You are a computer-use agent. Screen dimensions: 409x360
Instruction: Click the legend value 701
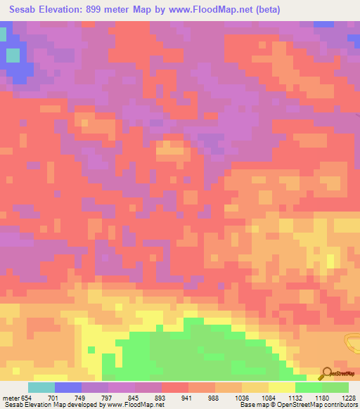pyautogui.click(x=54, y=397)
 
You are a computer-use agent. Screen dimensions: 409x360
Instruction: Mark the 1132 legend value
pyautogui.click(x=295, y=397)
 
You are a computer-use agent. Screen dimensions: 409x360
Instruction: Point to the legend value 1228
pyautogui.click(x=349, y=397)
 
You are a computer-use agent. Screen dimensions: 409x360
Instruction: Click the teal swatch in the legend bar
pyautogui.click(x=41, y=387)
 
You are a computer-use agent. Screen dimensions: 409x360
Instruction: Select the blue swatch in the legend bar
pyautogui.click(x=67, y=387)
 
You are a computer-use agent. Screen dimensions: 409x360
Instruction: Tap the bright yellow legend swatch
pyautogui.click(x=281, y=387)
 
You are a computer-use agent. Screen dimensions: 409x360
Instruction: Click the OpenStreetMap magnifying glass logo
pyautogui.click(x=327, y=372)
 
